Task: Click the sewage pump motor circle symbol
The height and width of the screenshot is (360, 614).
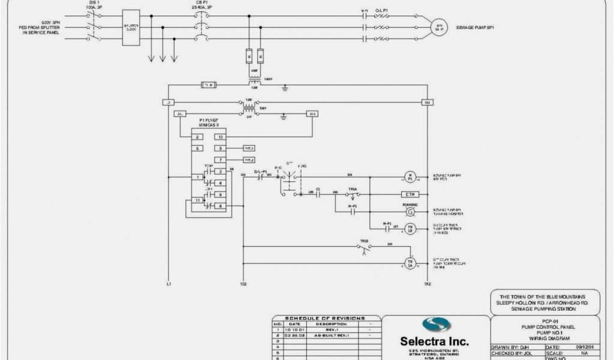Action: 439,27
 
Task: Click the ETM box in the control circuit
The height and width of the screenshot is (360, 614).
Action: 410,194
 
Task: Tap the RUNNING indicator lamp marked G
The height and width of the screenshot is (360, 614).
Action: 410,212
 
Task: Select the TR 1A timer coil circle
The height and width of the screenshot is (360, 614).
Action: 410,263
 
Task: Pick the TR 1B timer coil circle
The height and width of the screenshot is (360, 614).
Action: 410,229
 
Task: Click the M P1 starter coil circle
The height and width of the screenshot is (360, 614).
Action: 410,177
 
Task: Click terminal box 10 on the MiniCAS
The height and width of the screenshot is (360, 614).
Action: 221,137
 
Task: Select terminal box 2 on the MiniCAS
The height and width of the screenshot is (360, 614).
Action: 197,137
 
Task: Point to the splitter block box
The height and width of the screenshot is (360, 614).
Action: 131,28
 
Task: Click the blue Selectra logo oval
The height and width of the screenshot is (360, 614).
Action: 436,325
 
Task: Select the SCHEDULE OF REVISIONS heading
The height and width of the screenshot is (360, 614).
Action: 326,318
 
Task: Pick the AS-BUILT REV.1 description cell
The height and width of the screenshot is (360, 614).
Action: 332,335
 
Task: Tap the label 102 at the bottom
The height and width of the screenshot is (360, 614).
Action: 243,284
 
